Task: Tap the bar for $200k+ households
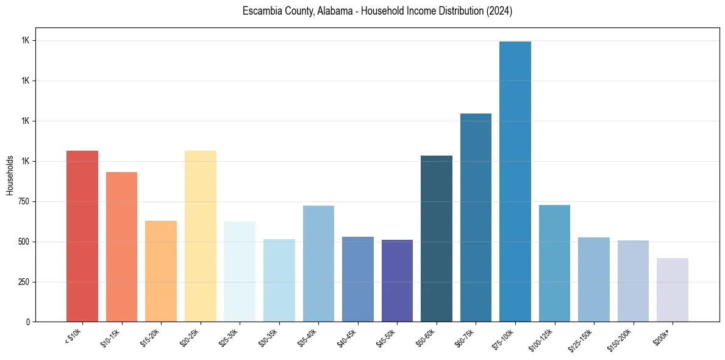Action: pyautogui.click(x=673, y=290)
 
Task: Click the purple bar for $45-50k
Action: pyautogui.click(x=397, y=281)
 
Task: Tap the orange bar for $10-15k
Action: pyautogui.click(x=121, y=247)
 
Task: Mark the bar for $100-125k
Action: pyautogui.click(x=554, y=263)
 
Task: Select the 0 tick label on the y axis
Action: pyautogui.click(x=27, y=322)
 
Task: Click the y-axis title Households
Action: pyautogui.click(x=10, y=175)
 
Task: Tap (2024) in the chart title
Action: pyautogui.click(x=499, y=12)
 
